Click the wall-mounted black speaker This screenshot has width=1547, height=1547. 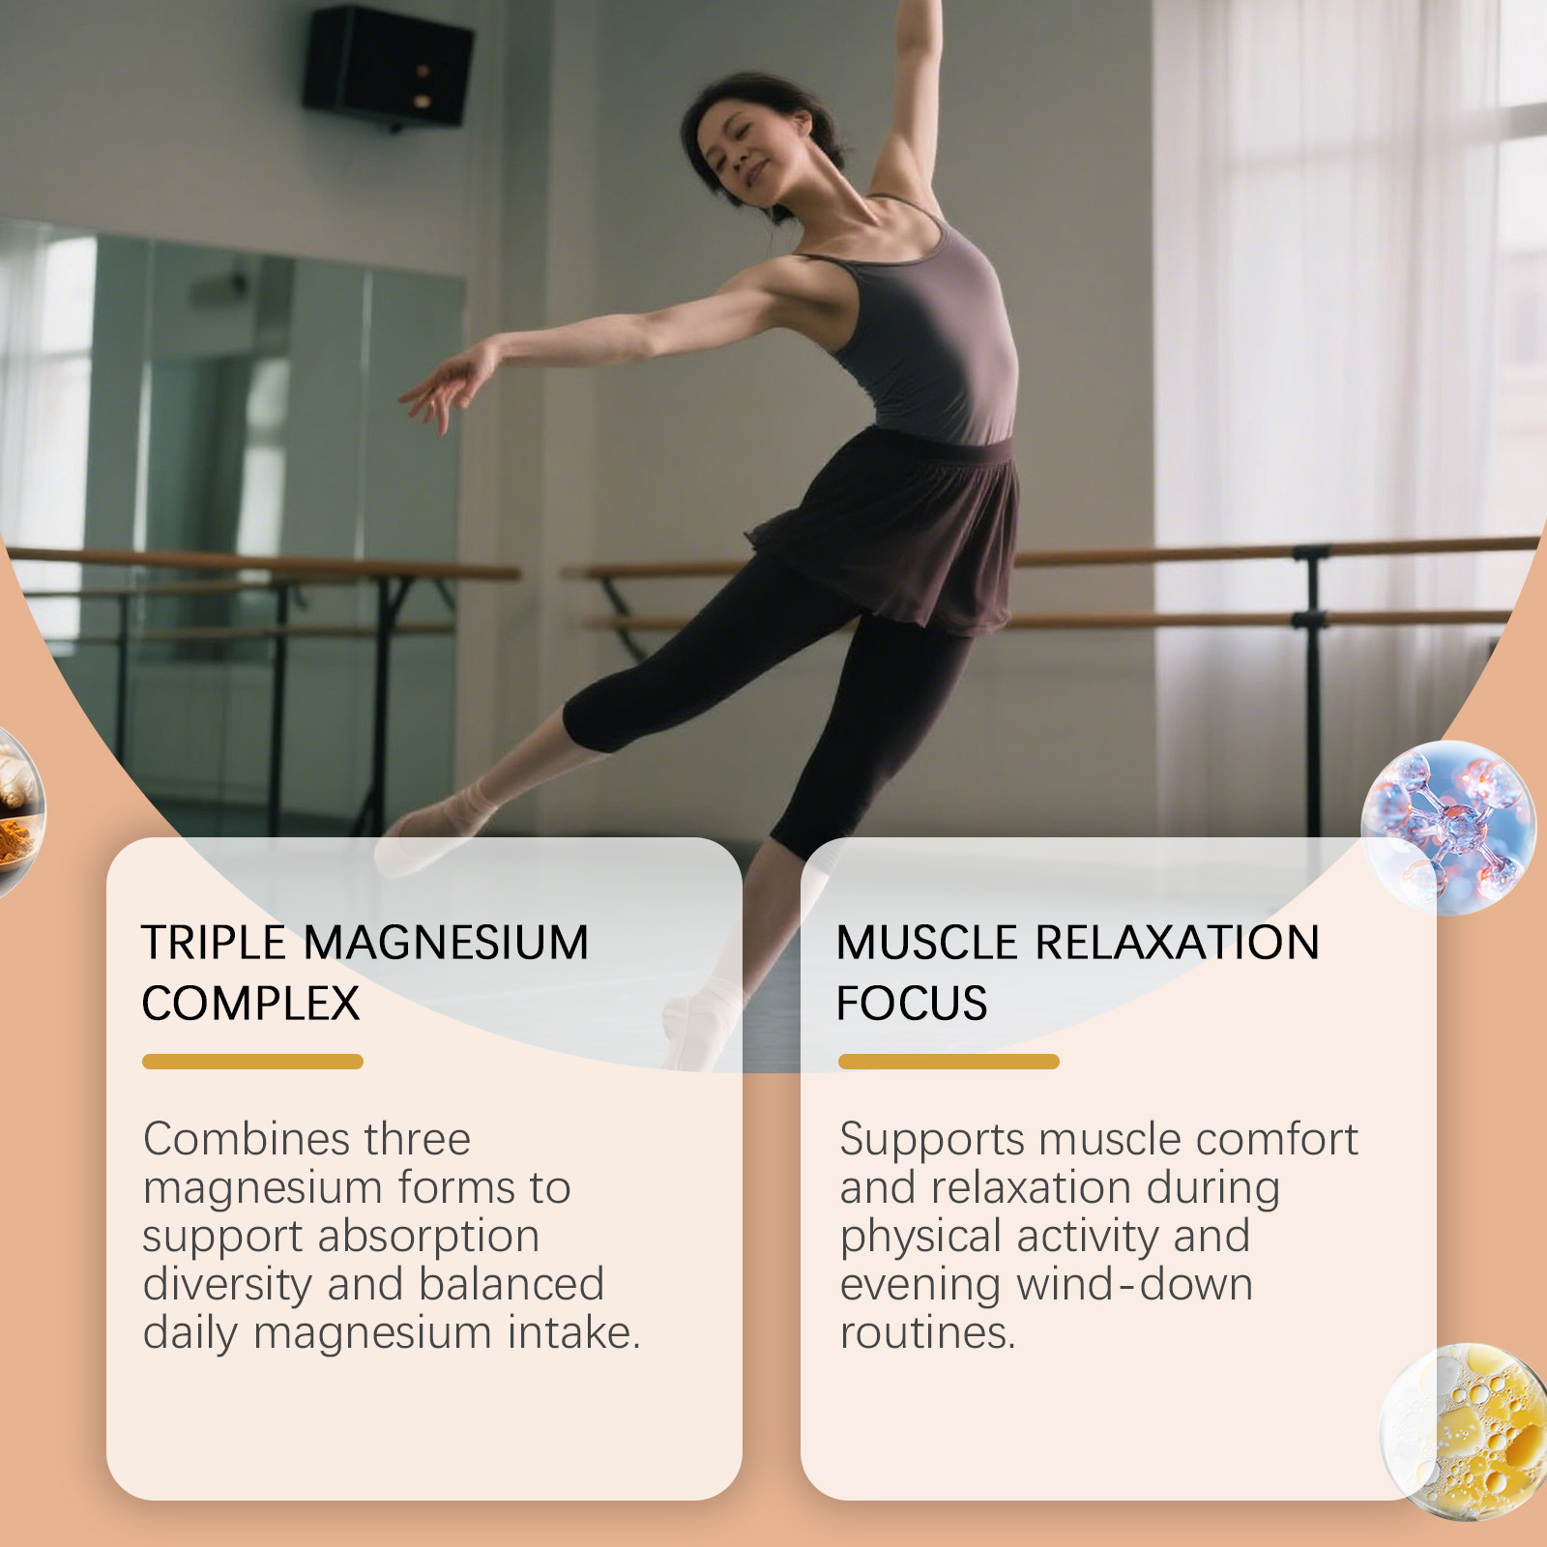click(388, 67)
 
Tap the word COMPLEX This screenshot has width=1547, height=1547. click(250, 1004)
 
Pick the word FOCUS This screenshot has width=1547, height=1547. click(912, 1004)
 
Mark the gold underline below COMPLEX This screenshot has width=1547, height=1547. click(252, 1062)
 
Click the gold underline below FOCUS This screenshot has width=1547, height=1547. click(949, 1062)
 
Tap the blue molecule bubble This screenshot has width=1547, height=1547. click(1448, 828)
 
